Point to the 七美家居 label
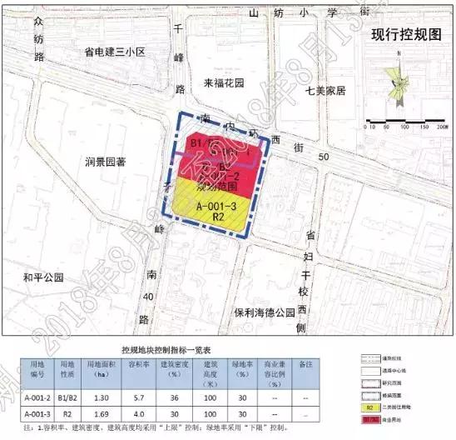click(330, 90)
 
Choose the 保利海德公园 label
click(265, 313)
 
